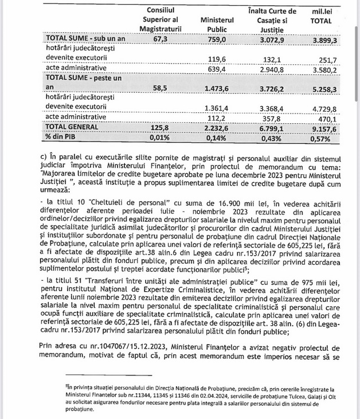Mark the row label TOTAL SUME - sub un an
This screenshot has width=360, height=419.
tap(85, 39)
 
